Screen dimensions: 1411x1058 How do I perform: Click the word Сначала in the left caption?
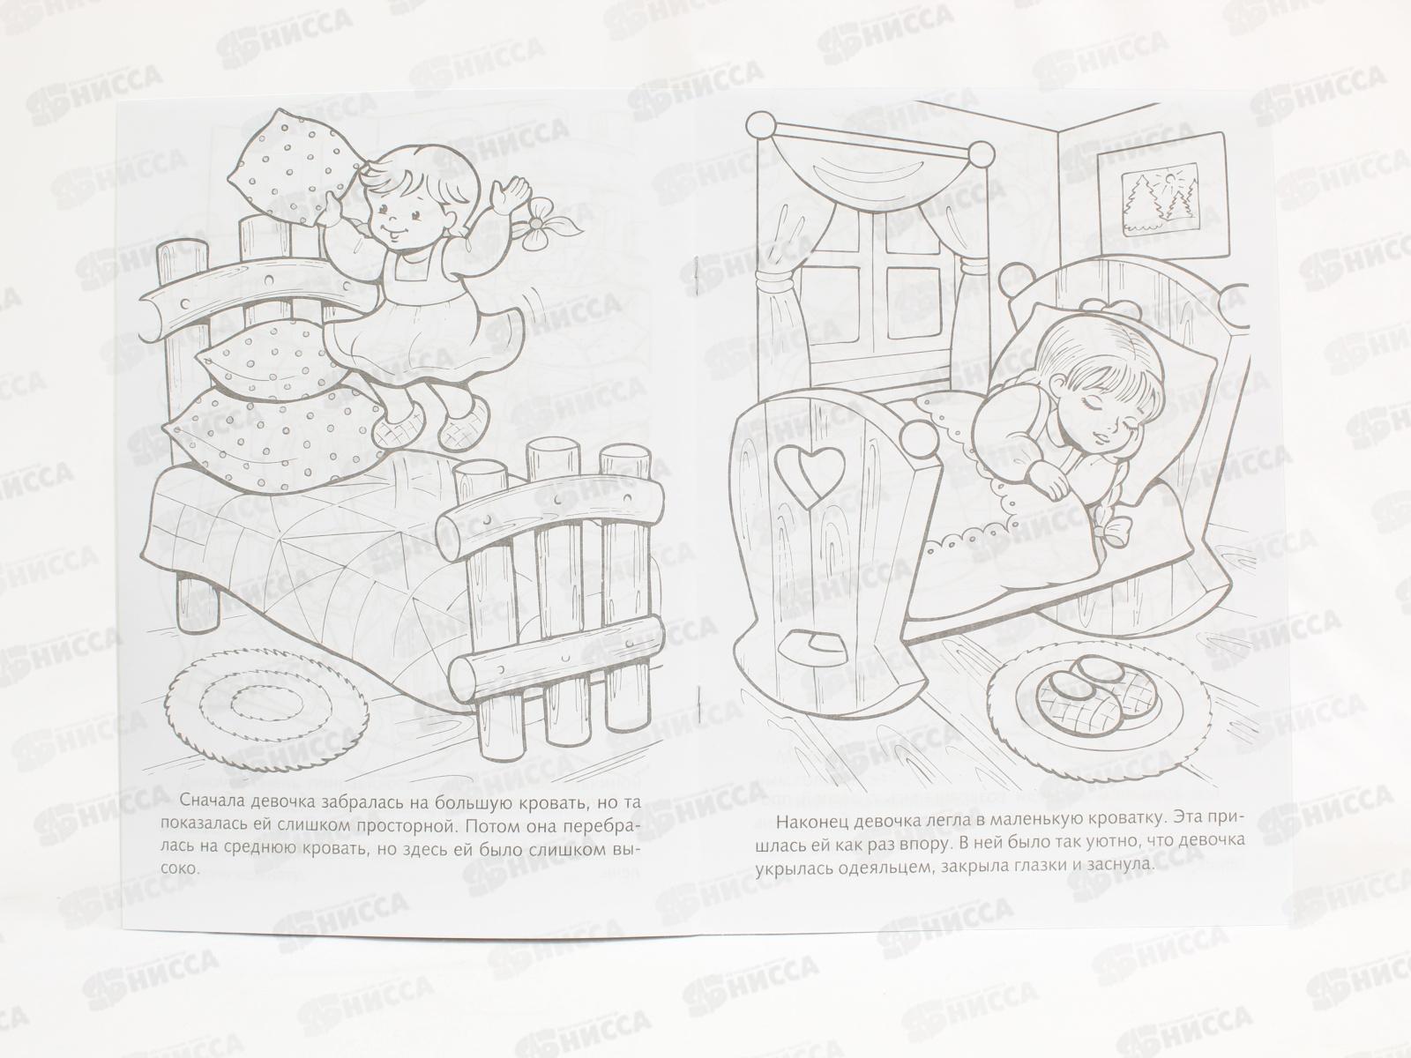coord(213,802)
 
